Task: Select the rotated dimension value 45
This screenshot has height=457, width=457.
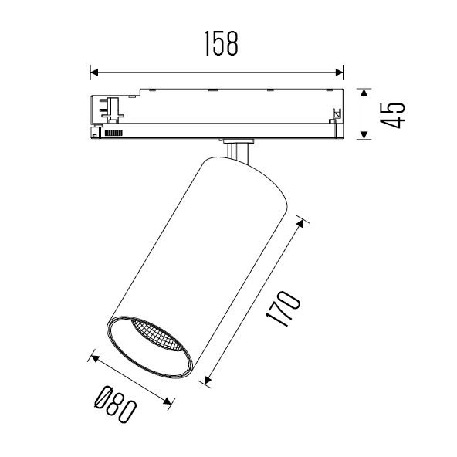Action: click(393, 115)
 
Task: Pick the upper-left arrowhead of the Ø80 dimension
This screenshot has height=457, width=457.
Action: click(94, 356)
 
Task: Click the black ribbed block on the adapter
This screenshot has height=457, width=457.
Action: click(114, 133)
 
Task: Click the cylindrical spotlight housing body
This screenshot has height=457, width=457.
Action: click(208, 247)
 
